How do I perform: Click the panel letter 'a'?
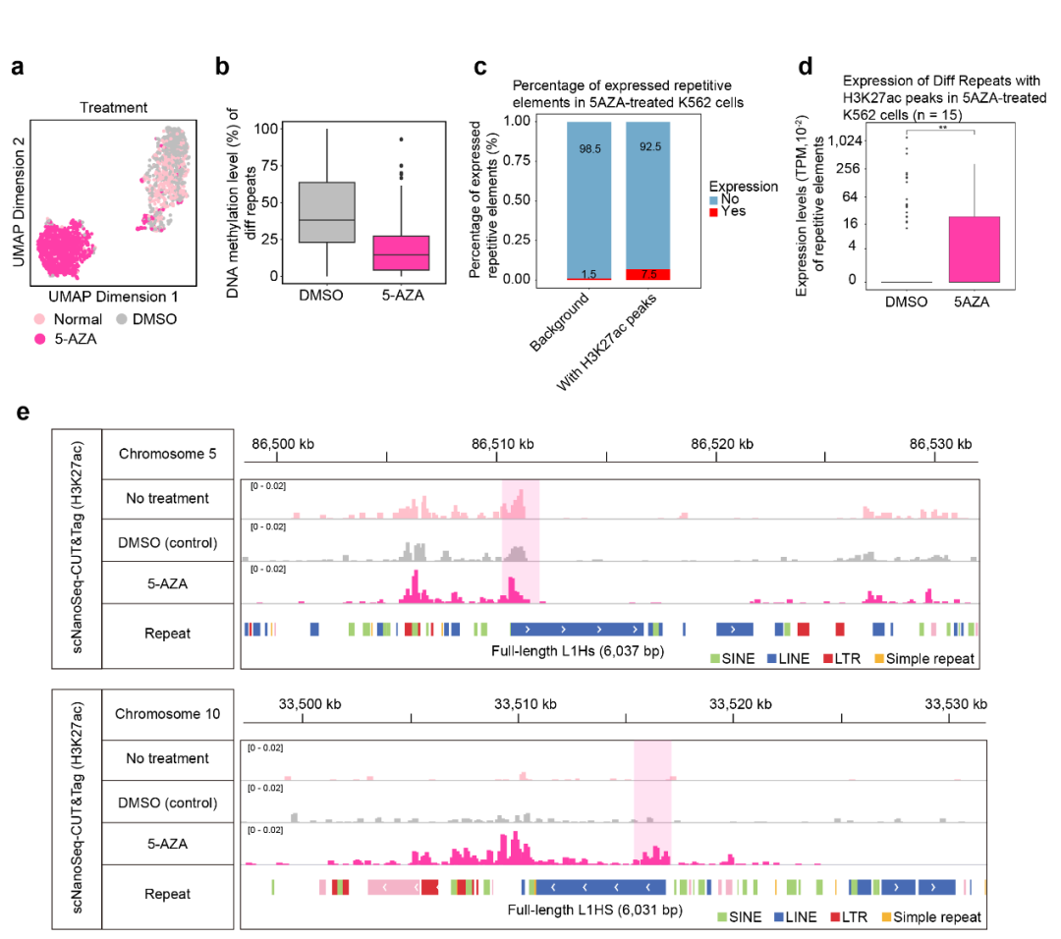pyautogui.click(x=18, y=68)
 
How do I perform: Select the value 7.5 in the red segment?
pyautogui.click(x=647, y=274)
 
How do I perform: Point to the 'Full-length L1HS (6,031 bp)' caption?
pyautogui.click(x=594, y=910)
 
